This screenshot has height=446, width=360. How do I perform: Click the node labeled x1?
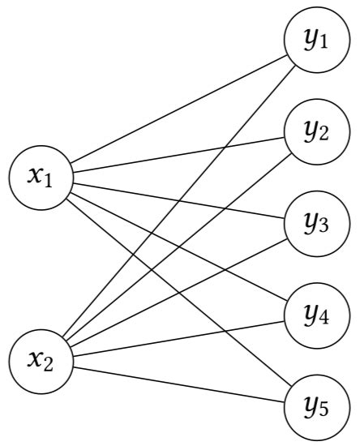coord(40,175)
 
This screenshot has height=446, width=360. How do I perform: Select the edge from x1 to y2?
coord(178,154)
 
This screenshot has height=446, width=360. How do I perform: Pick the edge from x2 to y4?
coord(178,337)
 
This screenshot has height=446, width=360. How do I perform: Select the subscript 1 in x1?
coord(49,180)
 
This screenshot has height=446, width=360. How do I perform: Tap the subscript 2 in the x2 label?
coord(49,364)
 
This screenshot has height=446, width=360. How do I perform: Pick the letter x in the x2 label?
coord(34,358)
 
